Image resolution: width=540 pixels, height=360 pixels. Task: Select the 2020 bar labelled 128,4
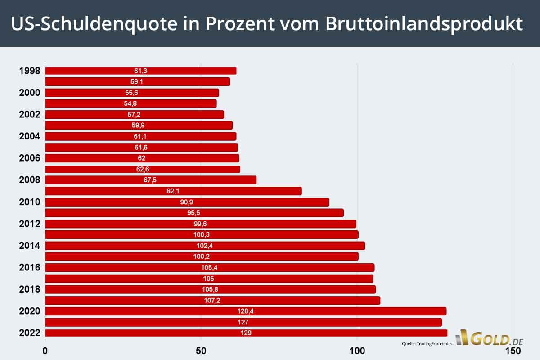(x=246, y=311)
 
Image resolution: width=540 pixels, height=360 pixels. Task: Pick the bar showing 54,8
(x=131, y=103)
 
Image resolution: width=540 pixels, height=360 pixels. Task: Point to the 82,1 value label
(x=173, y=191)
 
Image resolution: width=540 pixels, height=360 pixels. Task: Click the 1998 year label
(x=30, y=71)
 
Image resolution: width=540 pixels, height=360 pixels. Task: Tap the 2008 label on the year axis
(x=30, y=180)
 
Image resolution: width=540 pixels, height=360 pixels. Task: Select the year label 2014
(x=30, y=246)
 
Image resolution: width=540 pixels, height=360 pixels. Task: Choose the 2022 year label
(x=30, y=333)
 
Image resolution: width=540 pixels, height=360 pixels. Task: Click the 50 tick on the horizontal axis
(x=201, y=350)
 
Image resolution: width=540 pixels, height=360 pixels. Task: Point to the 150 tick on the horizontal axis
(x=513, y=350)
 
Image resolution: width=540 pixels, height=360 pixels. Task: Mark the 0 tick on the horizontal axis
(x=45, y=350)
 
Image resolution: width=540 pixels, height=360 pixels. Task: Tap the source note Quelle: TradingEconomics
(x=427, y=344)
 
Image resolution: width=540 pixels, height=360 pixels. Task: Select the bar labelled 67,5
(x=151, y=180)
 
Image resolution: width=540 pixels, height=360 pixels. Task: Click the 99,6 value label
(x=200, y=224)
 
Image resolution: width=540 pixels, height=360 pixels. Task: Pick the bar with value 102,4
(x=205, y=246)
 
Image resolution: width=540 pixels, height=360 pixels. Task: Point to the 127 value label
(x=243, y=322)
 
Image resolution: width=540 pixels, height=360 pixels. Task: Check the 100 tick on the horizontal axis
(x=357, y=350)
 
